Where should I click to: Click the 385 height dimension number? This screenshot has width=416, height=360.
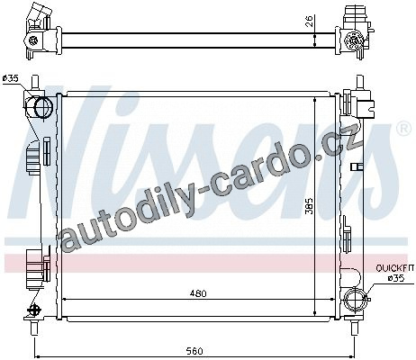tap(309, 206)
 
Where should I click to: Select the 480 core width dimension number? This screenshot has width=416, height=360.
tap(198, 293)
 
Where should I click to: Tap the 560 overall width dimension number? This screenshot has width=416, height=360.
tap(194, 351)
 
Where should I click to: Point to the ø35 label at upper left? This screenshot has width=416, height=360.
tap(11, 79)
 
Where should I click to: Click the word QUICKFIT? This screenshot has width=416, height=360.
tap(395, 268)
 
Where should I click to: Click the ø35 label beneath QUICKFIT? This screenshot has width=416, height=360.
tap(395, 278)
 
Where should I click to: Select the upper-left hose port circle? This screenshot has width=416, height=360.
tap(43, 107)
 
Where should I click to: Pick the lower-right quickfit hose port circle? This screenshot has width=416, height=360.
tap(356, 298)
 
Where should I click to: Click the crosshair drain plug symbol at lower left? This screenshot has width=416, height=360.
tap(33, 309)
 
